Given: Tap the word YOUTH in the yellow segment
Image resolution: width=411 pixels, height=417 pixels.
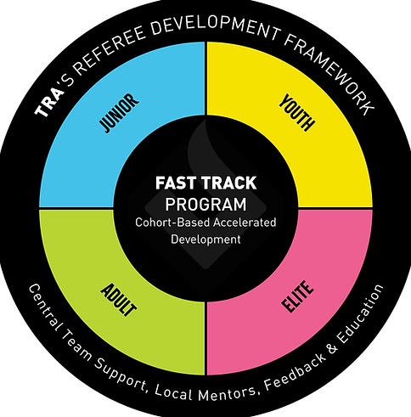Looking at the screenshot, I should [297, 114].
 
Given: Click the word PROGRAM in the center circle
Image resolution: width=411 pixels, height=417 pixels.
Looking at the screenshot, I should [205, 204].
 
